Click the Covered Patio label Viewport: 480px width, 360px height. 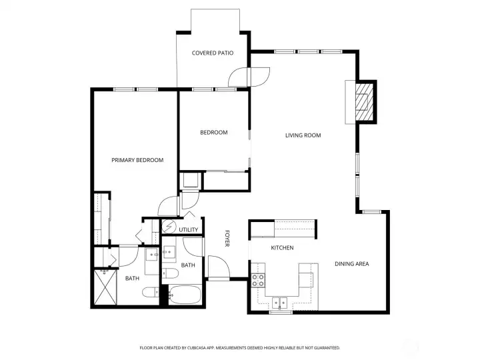(x=213, y=53)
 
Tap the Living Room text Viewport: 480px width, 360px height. (x=303, y=135)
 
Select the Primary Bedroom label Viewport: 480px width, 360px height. (x=137, y=160)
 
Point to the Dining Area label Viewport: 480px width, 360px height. (x=351, y=264)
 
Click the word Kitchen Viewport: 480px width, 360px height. (x=282, y=248)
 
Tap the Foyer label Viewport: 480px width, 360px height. (x=227, y=239)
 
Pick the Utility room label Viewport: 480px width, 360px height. (x=189, y=230)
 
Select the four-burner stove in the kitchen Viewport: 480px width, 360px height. (x=259, y=281)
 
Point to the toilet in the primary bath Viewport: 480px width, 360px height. (x=149, y=291)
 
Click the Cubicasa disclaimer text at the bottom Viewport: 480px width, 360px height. (x=240, y=347)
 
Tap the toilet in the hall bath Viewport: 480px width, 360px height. (x=171, y=275)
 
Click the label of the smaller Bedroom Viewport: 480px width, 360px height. (x=213, y=133)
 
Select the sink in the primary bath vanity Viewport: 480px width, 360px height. (x=151, y=254)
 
